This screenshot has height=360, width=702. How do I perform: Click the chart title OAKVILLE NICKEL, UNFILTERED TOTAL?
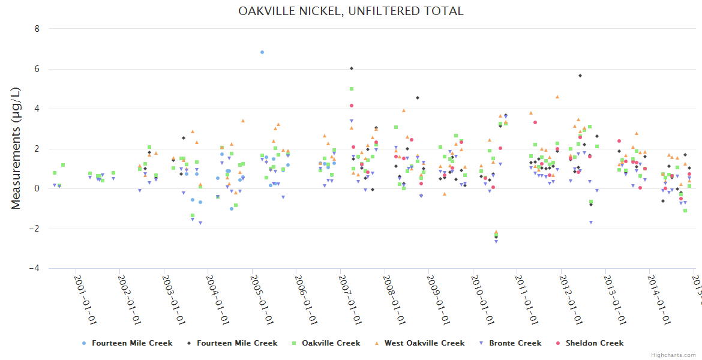(350, 11)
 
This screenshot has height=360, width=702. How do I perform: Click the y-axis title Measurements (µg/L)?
(16, 148)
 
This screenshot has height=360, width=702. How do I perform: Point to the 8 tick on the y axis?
(37, 29)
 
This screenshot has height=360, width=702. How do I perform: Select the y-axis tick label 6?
(37, 69)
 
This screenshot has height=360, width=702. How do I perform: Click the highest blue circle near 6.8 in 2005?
(262, 52)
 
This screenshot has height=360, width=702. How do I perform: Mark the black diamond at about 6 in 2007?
(352, 68)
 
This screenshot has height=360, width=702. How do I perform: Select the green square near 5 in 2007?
(352, 89)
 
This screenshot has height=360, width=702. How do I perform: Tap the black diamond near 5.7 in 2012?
(580, 76)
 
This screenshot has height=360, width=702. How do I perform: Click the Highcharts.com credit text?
(674, 355)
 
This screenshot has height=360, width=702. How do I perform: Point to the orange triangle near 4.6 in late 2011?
(557, 97)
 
